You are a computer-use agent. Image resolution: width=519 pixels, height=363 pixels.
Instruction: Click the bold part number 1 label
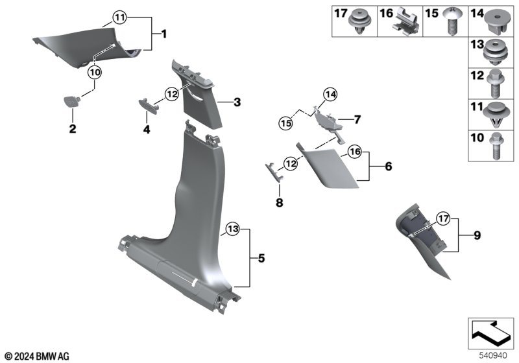point(163,33)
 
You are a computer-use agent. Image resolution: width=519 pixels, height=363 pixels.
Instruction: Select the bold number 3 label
point(237,102)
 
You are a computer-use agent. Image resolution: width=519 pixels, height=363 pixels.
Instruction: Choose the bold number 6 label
point(388,167)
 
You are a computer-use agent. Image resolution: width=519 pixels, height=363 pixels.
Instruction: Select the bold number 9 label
point(477,235)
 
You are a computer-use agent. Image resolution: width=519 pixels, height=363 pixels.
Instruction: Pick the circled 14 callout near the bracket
point(331,95)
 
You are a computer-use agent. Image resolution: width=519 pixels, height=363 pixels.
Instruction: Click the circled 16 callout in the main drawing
point(354,152)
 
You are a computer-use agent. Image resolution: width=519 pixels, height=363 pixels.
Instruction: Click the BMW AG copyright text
point(36,356)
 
